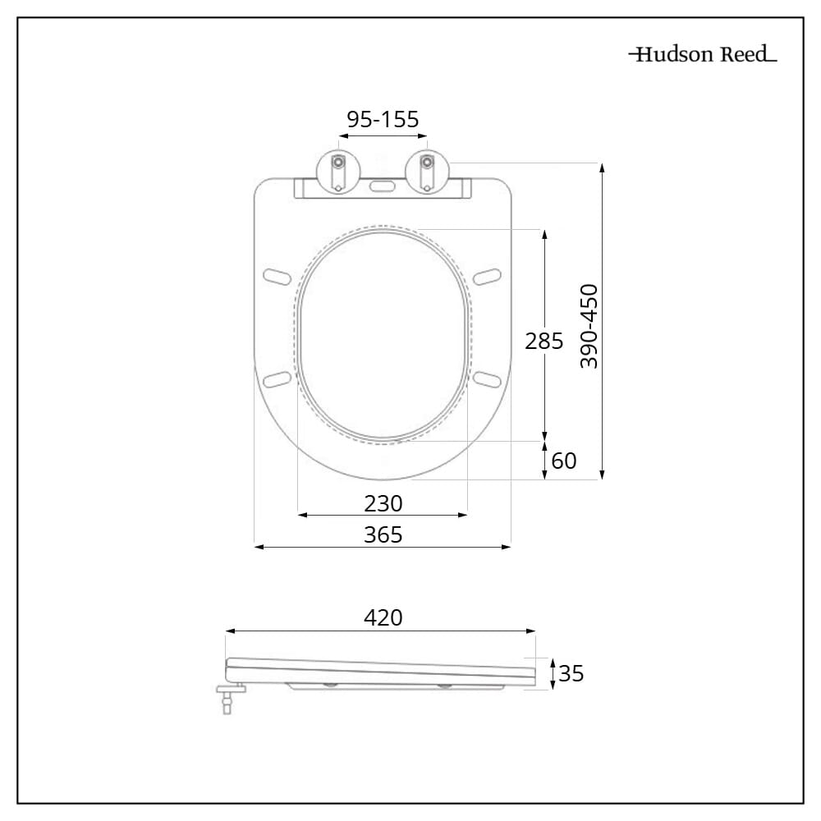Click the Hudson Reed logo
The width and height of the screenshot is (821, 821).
tap(703, 55)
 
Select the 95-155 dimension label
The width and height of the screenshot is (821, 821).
tap(383, 120)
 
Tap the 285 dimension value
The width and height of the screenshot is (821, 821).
tap(544, 341)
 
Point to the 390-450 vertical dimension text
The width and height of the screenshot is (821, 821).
tap(589, 326)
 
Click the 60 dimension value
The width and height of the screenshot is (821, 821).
tap(563, 461)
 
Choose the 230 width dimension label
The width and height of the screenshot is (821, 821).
tap(383, 502)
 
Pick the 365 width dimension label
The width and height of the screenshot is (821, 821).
tap(383, 534)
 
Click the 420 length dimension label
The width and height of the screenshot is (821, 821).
tap(383, 617)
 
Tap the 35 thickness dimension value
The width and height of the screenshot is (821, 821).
tap(571, 674)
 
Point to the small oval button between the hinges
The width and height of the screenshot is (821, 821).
tap(383, 186)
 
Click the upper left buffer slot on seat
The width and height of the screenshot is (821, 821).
tap(278, 275)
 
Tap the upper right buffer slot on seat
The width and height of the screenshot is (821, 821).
tap(487, 275)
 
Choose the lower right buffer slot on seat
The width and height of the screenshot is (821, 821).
tap(487, 378)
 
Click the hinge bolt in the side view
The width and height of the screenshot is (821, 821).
tap(227, 699)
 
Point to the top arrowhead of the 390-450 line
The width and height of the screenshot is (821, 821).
tap(603, 167)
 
